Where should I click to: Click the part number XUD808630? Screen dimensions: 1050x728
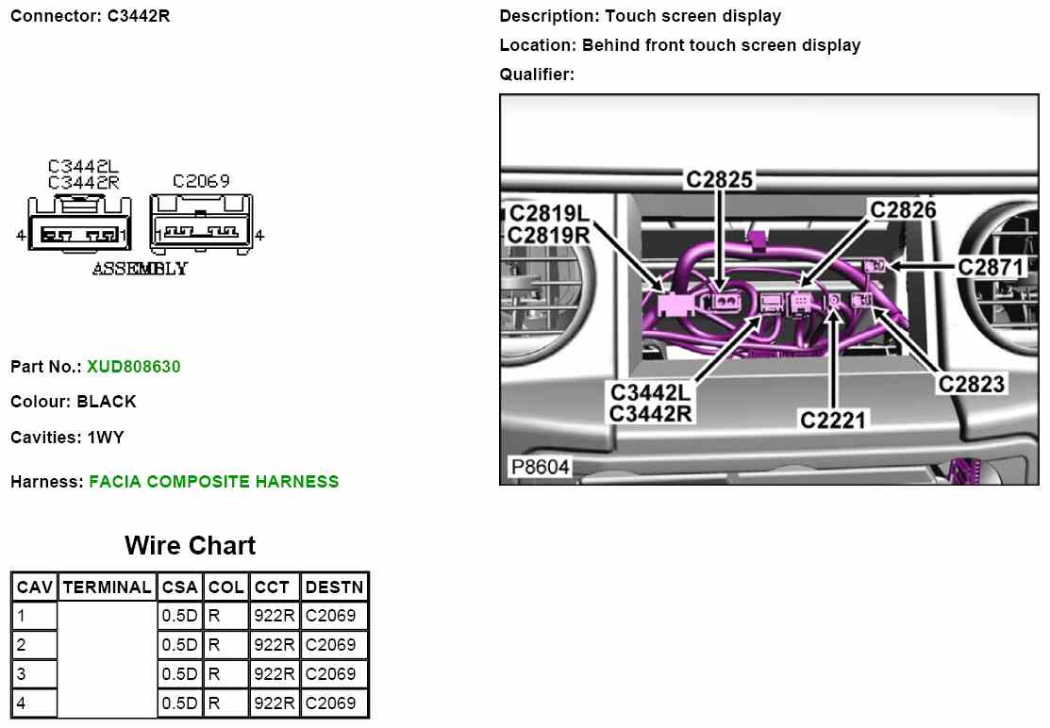(x=133, y=366)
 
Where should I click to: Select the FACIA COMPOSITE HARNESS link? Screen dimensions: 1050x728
(x=213, y=482)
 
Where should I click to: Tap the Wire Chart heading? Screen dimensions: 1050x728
(x=190, y=546)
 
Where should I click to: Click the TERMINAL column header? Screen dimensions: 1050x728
(x=107, y=587)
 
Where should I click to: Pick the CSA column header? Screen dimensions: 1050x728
(x=179, y=587)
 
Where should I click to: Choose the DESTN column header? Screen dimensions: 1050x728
(x=334, y=587)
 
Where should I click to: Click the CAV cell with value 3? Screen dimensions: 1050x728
(x=35, y=674)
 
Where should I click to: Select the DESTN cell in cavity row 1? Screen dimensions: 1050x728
(x=331, y=616)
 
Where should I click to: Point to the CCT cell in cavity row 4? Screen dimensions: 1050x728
(x=275, y=703)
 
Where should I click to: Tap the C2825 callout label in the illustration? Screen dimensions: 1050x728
(x=719, y=179)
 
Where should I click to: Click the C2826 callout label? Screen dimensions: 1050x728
(x=903, y=209)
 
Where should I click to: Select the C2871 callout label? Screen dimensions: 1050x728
(x=991, y=267)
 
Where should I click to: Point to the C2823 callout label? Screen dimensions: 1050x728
(x=971, y=384)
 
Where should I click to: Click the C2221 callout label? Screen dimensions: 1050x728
(x=833, y=420)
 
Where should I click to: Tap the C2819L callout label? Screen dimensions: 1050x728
(x=549, y=214)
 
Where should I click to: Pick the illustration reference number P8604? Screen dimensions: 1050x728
(x=540, y=468)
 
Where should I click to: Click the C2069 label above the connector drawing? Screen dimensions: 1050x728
(x=201, y=181)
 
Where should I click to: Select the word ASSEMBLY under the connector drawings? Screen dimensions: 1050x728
(x=140, y=269)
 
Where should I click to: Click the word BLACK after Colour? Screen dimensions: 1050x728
(x=107, y=402)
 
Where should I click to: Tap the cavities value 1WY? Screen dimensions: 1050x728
(x=105, y=438)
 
